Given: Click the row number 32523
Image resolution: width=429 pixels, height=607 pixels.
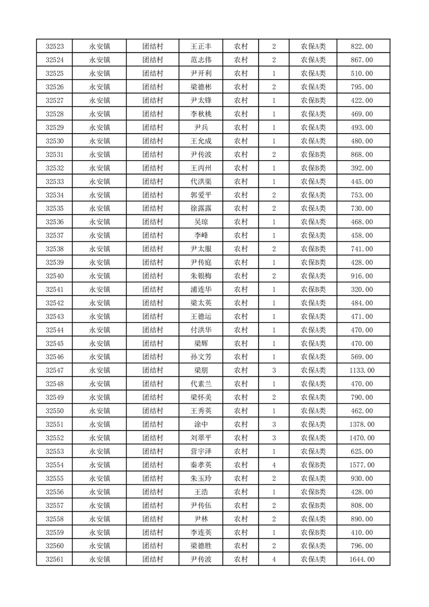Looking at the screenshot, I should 55,47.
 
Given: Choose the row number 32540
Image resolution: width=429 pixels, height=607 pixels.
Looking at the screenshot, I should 55,276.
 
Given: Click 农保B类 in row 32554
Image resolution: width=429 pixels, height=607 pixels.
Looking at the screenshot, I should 313,465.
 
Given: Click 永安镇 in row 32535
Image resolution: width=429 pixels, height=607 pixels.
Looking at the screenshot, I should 100,208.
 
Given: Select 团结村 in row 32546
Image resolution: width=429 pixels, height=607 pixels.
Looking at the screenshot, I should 153,357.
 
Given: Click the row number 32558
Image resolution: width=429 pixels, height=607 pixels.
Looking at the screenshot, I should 55,519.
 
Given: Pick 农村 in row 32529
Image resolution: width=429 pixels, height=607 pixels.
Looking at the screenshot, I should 241,128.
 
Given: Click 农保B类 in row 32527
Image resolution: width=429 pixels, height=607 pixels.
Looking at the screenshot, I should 313,101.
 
